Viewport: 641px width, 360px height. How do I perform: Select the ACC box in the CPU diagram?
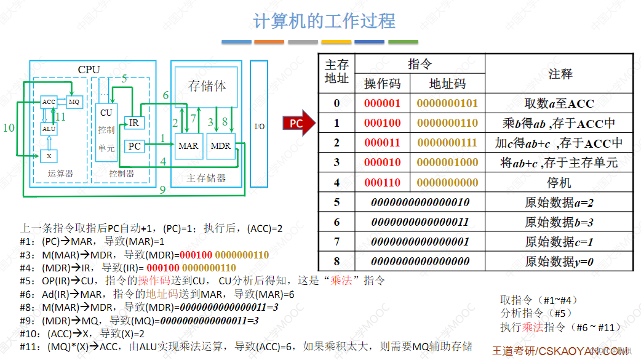tap(49, 102)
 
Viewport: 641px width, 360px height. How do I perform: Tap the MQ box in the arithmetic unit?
tap(74, 102)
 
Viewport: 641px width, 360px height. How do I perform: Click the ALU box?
tap(49, 129)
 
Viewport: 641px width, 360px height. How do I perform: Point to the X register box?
tap(49, 156)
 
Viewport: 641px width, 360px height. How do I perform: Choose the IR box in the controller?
tap(134, 122)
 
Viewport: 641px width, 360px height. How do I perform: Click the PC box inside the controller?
tap(134, 146)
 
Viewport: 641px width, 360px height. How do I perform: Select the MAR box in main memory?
tap(188, 146)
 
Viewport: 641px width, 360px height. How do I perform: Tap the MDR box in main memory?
tap(220, 146)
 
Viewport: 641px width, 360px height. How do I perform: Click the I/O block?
tap(260, 126)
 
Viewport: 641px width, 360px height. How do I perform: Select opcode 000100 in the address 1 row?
tap(382, 123)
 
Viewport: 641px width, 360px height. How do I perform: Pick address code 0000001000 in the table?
tap(447, 162)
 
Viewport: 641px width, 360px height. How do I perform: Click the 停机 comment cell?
tap(559, 183)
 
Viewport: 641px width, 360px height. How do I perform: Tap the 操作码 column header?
tap(382, 84)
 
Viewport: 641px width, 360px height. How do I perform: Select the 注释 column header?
tap(560, 74)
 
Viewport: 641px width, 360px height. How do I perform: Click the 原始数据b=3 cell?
tap(559, 222)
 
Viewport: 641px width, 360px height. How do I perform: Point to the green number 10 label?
tap(9, 128)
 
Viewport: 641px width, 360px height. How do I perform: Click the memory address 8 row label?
tap(336, 262)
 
